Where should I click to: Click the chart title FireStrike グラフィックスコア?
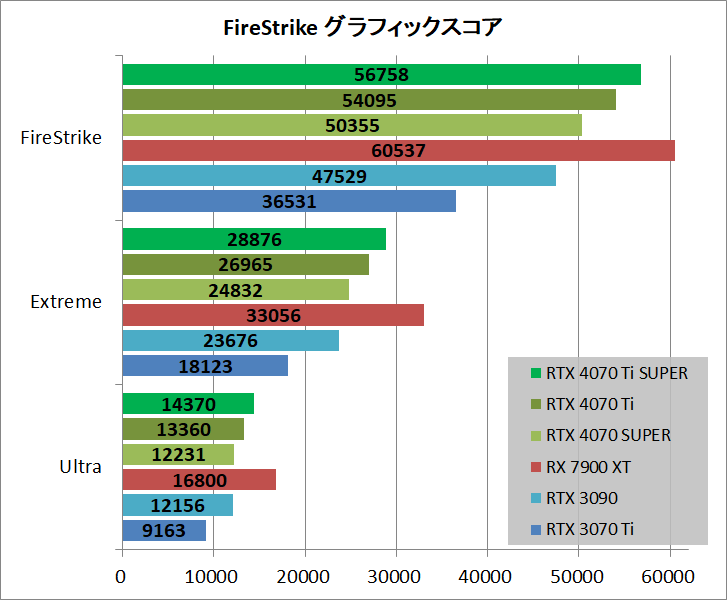(x=362, y=28)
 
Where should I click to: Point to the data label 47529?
(x=339, y=177)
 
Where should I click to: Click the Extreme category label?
(x=67, y=302)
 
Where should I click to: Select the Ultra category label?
(x=81, y=466)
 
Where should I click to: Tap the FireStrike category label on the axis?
(x=61, y=138)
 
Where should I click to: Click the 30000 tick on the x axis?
(x=395, y=577)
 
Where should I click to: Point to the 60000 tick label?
(x=668, y=577)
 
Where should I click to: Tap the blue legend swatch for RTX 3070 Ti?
(x=535, y=529)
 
